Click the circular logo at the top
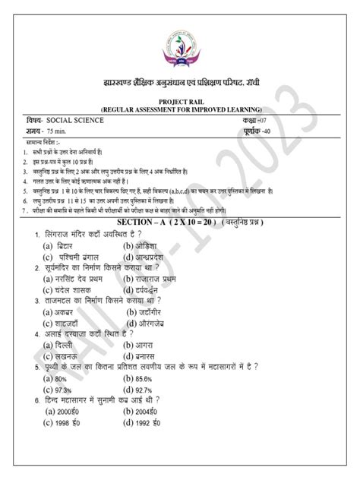[x=180, y=39]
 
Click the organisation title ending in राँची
[x=180, y=79]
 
